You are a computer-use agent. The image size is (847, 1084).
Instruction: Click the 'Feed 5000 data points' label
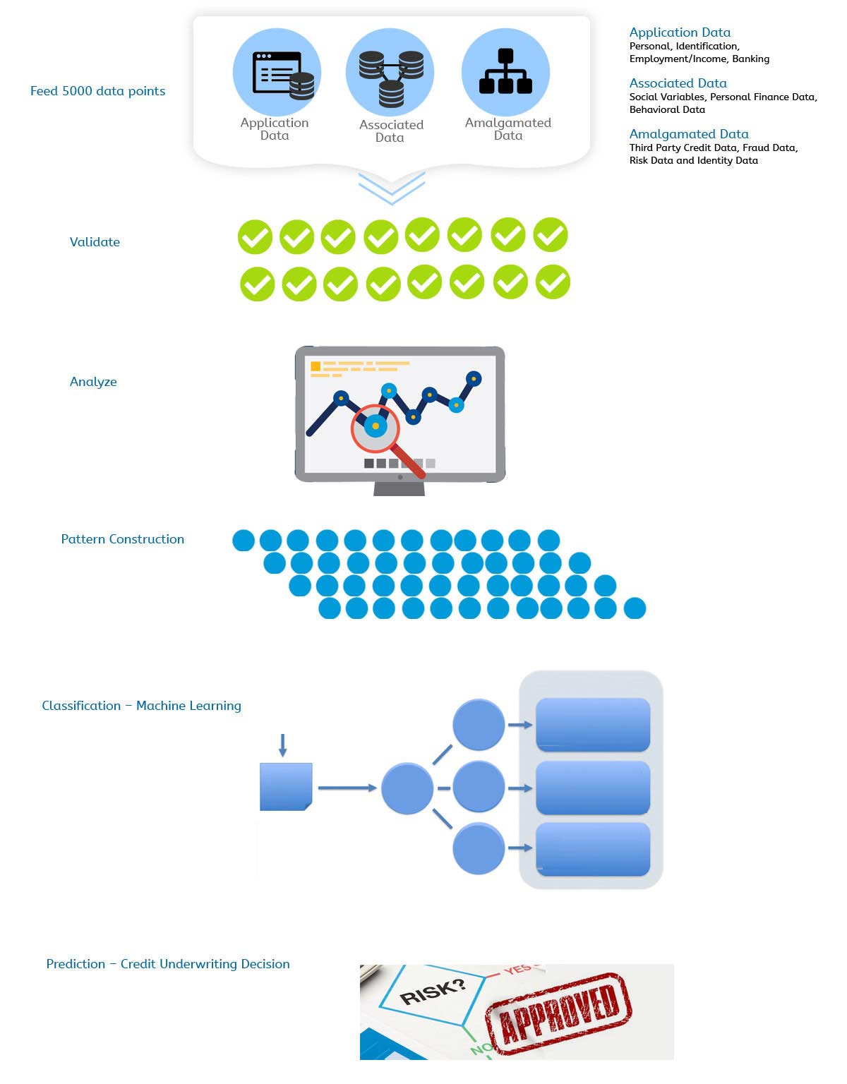[98, 91]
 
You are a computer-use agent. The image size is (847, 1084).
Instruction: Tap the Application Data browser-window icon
[283, 75]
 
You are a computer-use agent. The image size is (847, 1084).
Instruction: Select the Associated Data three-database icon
[391, 79]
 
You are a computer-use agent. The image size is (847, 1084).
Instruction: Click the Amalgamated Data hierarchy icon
[505, 71]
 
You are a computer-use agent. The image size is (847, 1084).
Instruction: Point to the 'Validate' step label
[95, 242]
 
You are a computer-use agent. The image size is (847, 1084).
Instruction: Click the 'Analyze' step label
[93, 382]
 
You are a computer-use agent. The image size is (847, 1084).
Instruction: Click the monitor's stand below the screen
[399, 488]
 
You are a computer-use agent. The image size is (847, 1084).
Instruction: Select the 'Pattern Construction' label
[123, 538]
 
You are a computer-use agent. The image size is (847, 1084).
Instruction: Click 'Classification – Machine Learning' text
[142, 705]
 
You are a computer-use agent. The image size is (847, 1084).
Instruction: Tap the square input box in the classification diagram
[286, 786]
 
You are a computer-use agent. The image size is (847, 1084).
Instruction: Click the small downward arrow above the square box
[283, 745]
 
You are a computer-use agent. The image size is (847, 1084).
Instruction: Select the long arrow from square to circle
[347, 788]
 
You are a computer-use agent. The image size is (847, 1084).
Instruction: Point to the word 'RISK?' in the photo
[433, 992]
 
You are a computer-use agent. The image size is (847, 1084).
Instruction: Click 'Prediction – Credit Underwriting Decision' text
[168, 964]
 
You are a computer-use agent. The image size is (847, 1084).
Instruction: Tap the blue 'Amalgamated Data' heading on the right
[689, 133]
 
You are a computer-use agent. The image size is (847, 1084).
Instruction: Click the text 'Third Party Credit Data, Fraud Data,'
[714, 147]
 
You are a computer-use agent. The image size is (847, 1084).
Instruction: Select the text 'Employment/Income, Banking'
[699, 59]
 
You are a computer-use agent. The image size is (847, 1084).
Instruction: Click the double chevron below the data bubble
[392, 188]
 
